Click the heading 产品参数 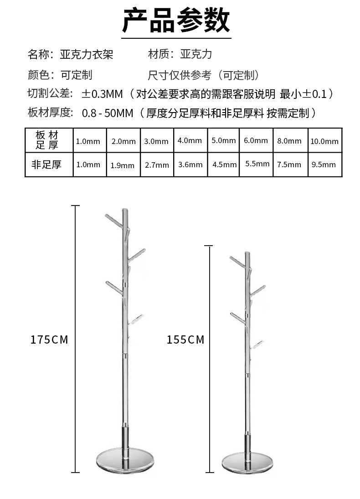[176, 21]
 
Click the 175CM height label [49, 340]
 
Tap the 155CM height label [185, 340]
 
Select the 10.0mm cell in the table [324, 141]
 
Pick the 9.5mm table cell [324, 165]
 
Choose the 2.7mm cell [156, 165]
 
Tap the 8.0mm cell [289, 141]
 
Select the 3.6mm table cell [190, 165]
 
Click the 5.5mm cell [257, 164]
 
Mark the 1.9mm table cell [123, 165]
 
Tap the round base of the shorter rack [247, 463]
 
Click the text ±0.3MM [103, 94]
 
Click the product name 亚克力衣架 [87, 55]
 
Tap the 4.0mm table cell [190, 140]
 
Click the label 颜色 [39, 75]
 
